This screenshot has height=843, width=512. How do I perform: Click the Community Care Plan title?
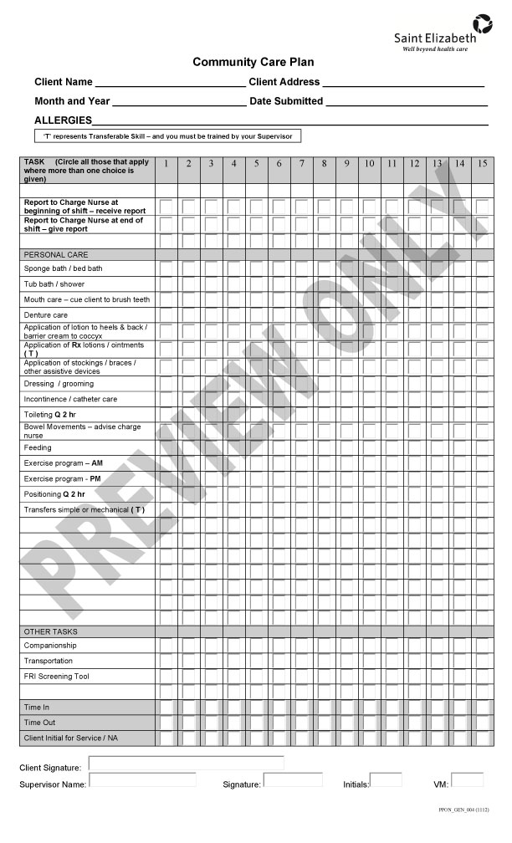click(x=253, y=62)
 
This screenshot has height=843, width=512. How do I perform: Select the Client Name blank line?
click(x=171, y=83)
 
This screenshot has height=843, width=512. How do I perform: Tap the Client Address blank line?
click(x=403, y=83)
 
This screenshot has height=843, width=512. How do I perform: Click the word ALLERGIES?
click(x=63, y=120)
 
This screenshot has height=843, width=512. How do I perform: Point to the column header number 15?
click(x=482, y=163)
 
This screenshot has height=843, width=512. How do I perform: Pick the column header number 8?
click(x=325, y=163)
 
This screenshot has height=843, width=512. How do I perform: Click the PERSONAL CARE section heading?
click(x=56, y=254)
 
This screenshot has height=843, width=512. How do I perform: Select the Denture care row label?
click(x=46, y=315)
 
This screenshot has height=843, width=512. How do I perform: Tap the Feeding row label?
click(x=38, y=447)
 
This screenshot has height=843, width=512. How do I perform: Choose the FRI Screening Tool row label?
click(x=56, y=676)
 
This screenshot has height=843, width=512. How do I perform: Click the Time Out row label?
click(x=39, y=723)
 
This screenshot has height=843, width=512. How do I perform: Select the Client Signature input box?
click(x=186, y=763)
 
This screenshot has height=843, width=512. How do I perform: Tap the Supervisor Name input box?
click(x=142, y=780)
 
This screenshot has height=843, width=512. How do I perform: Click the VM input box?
click(x=467, y=780)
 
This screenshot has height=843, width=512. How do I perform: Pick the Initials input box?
click(x=386, y=780)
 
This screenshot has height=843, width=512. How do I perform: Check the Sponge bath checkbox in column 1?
click(x=166, y=268)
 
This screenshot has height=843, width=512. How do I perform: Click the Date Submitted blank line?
click(x=406, y=102)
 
